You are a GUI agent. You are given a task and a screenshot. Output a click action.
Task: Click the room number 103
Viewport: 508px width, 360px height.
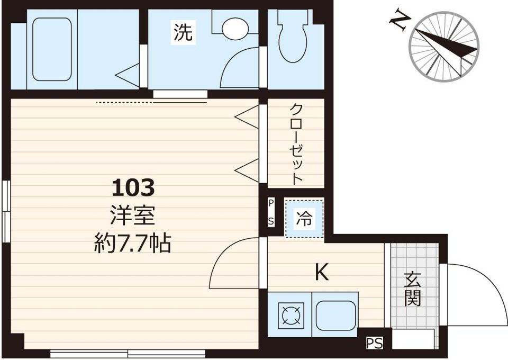[x=133, y=187]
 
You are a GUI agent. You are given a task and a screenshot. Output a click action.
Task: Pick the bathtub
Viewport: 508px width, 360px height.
[x=52, y=49]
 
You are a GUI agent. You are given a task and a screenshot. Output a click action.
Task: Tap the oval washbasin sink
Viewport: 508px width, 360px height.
[x=235, y=28]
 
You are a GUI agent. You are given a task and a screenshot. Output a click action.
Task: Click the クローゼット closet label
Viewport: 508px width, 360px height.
[x=296, y=143]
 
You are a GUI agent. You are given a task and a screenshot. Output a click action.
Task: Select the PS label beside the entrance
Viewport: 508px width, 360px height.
[x=374, y=344]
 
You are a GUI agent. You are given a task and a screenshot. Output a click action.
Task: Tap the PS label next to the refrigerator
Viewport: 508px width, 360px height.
[x=271, y=212]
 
